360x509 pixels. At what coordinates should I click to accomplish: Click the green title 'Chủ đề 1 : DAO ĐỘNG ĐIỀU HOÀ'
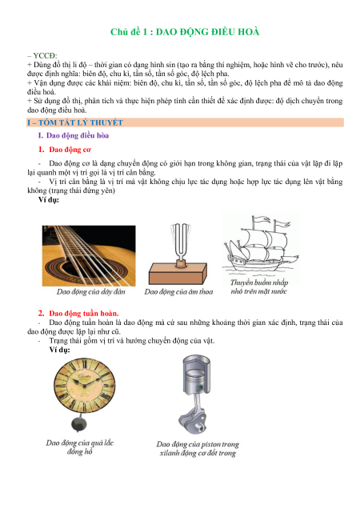click(x=185, y=32)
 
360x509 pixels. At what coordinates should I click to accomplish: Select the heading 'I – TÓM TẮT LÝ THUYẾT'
click(x=75, y=122)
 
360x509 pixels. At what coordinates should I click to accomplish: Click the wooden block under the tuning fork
click(x=178, y=274)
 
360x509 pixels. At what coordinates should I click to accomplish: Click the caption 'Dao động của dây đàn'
click(x=91, y=292)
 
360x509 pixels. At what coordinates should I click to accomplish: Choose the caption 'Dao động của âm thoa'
click(x=179, y=292)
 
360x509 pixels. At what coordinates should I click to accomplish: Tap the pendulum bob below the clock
click(x=79, y=423)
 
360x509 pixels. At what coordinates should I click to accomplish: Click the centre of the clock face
click(x=84, y=385)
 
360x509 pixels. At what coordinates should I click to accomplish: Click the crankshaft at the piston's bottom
click(x=193, y=421)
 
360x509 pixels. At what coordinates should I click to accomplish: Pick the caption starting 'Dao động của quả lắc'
click(x=79, y=447)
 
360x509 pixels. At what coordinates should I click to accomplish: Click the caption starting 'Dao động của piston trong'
click(x=198, y=448)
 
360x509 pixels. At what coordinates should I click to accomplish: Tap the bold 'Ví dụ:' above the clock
click(x=59, y=350)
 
